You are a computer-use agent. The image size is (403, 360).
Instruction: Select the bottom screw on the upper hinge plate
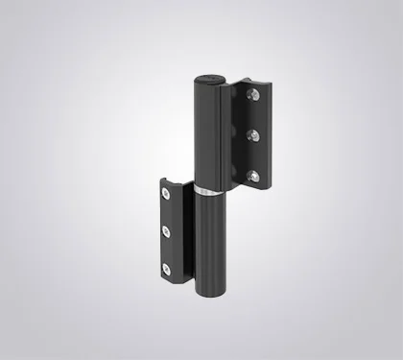pyautogui.click(x=253, y=175)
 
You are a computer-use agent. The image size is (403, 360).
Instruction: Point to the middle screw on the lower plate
pyautogui.click(x=165, y=230)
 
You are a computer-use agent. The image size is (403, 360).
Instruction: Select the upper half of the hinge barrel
pyautogui.click(x=208, y=134)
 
